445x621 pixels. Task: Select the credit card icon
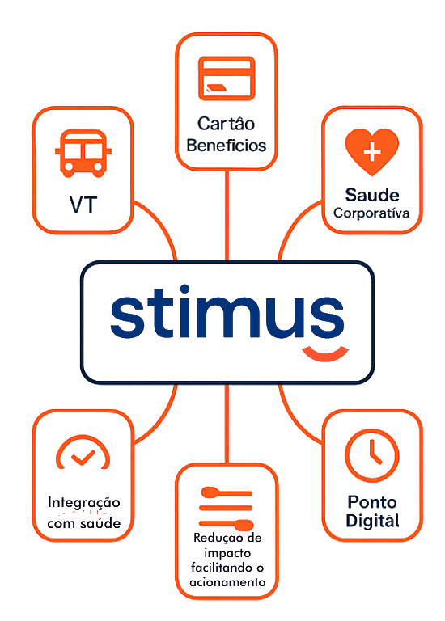pyautogui.click(x=226, y=78)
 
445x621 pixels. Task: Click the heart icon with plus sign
pyautogui.click(x=371, y=151)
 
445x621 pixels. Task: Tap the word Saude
pyautogui.click(x=371, y=195)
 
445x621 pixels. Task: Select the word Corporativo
pyautogui.click(x=371, y=214)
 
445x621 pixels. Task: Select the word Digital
pyautogui.click(x=372, y=522)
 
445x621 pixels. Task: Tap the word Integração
pyautogui.click(x=83, y=503)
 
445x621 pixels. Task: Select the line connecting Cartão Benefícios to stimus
pyautogui.click(x=227, y=215)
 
